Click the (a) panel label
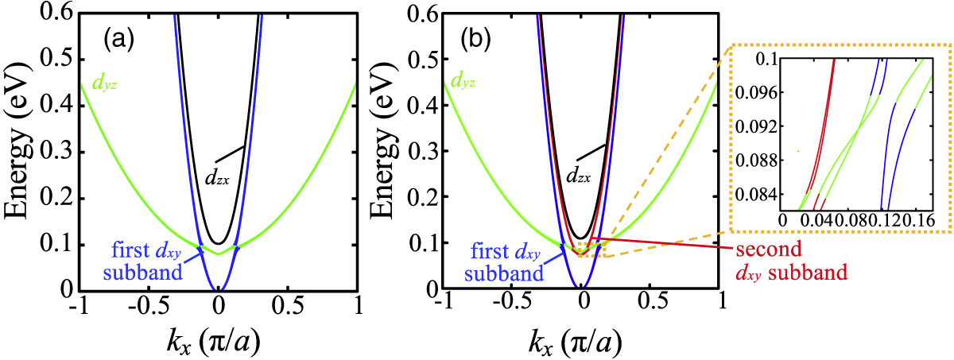coord(118,40)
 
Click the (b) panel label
coord(475,40)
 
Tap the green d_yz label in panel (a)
coord(104,83)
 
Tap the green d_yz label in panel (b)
coord(463,80)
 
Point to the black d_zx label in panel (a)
coord(217,177)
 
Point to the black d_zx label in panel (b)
coord(578,175)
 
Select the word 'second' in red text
coord(769,249)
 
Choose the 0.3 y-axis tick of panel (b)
coord(424,151)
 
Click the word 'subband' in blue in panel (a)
coord(143,273)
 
